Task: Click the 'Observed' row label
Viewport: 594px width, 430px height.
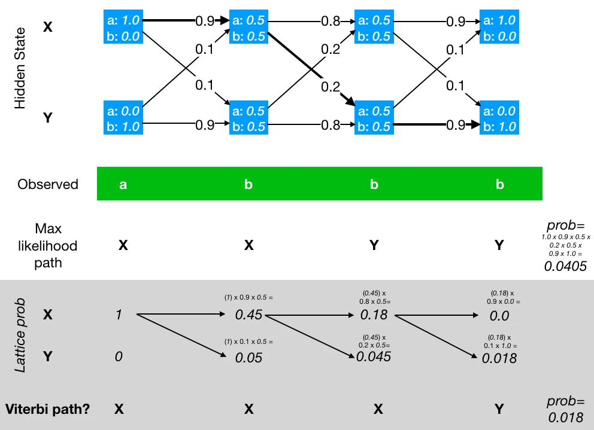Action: (x=48, y=184)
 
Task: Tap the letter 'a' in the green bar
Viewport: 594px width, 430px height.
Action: (x=123, y=185)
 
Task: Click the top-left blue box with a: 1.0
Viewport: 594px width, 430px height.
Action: (x=122, y=28)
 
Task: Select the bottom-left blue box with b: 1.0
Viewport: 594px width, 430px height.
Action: (x=122, y=118)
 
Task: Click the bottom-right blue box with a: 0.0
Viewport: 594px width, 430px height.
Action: (x=499, y=118)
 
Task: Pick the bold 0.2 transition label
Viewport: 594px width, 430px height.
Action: (x=331, y=87)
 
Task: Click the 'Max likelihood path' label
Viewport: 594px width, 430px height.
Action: (x=48, y=245)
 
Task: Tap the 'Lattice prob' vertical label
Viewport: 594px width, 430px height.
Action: (x=20, y=337)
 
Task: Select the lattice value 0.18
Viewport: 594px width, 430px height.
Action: (x=374, y=315)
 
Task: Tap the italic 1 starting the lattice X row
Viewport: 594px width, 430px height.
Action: (x=119, y=314)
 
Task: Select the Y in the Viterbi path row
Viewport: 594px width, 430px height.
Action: (x=499, y=409)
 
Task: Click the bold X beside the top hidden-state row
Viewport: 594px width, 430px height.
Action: (x=48, y=27)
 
